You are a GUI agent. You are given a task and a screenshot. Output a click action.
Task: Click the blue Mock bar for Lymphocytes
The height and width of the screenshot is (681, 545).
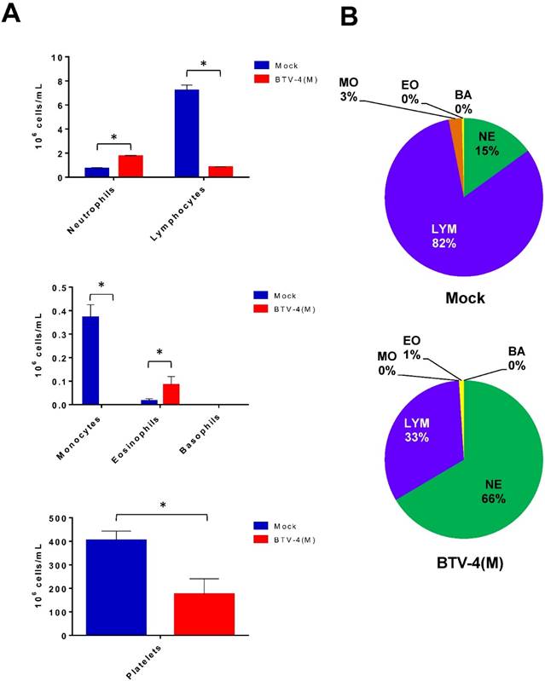tap(187, 133)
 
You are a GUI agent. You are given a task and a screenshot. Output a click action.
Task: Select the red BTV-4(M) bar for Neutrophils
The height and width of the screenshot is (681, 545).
tap(130, 166)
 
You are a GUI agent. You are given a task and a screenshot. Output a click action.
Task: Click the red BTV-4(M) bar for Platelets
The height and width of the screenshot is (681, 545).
tap(204, 614)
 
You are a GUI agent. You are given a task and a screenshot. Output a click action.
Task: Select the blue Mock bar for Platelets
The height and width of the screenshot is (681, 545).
tap(115, 587)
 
